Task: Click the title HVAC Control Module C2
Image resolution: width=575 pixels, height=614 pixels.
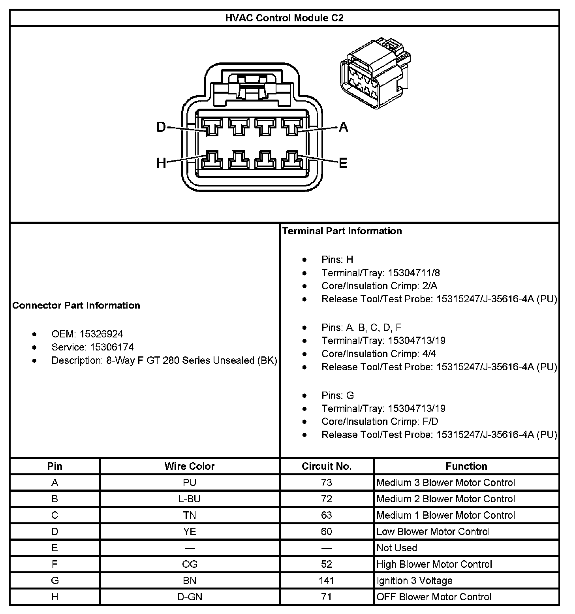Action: click(x=284, y=18)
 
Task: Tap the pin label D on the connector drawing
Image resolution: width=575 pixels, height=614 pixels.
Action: click(x=161, y=127)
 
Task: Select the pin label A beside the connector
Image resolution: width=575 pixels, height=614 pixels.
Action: click(x=344, y=127)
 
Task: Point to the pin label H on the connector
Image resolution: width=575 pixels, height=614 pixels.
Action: click(x=161, y=162)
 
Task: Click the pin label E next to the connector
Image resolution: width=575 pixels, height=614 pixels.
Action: click(x=343, y=162)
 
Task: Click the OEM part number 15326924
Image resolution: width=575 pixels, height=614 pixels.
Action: click(x=101, y=334)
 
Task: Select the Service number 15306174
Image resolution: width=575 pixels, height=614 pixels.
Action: click(x=112, y=347)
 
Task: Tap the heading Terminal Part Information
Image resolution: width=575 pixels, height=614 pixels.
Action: click(x=342, y=231)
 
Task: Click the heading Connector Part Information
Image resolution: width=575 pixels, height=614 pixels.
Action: click(x=76, y=305)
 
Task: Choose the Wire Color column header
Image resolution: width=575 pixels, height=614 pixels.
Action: click(x=190, y=466)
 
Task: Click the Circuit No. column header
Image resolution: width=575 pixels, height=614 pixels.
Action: click(x=327, y=466)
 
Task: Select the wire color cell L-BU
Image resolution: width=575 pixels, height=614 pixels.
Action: click(x=190, y=499)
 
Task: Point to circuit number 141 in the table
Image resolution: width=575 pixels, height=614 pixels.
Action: click(x=327, y=580)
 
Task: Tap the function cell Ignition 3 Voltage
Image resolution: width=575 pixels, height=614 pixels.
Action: click(x=414, y=580)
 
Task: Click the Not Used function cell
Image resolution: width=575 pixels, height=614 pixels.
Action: click(x=396, y=548)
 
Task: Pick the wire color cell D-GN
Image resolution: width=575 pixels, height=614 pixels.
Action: click(x=190, y=597)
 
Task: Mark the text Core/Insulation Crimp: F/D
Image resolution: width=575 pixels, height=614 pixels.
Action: click(x=380, y=422)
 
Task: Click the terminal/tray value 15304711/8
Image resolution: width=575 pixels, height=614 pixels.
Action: click(x=414, y=273)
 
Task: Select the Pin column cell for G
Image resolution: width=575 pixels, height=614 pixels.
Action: click(x=55, y=580)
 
